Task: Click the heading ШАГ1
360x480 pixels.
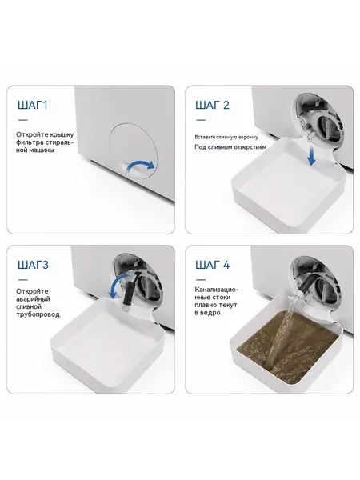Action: tap(33, 105)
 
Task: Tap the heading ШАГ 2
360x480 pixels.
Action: tap(212, 105)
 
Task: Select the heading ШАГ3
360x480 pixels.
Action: tap(33, 265)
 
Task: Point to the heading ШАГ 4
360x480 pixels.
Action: tap(213, 265)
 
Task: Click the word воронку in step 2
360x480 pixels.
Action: tap(249, 137)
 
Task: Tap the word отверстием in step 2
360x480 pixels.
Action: tap(250, 147)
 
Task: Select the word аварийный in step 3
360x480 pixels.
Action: tap(33, 299)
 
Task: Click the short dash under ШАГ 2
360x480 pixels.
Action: tap(201, 120)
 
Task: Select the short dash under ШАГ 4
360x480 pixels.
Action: tap(201, 280)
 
